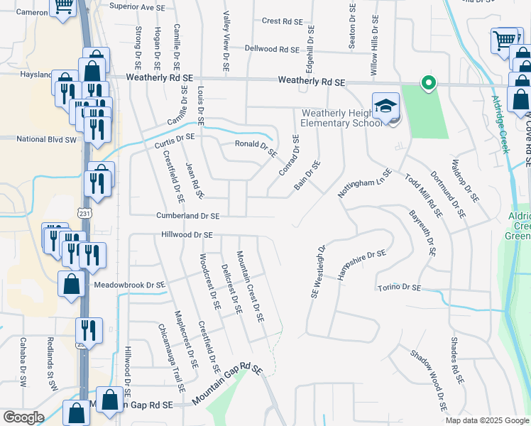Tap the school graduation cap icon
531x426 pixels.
click(x=385, y=106)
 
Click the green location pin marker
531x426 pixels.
click(x=428, y=84)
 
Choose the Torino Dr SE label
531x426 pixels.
click(x=398, y=288)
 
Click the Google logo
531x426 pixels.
click(x=23, y=417)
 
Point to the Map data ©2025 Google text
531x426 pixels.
click(x=486, y=420)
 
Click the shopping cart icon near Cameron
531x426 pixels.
click(x=63, y=6)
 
